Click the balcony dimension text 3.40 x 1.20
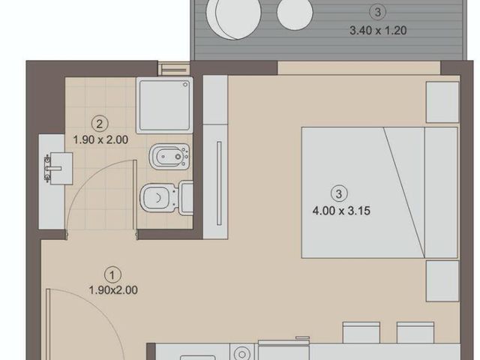pos(378,31)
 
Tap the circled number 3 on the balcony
pos(377,12)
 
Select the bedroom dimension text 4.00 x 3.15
pos(341,211)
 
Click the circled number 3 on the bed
pos(339,193)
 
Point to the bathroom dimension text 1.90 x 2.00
pos(100,140)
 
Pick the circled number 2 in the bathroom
pos(100,124)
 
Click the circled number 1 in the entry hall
pos(112,275)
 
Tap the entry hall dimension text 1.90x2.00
pos(113,290)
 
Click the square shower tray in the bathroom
pos(165,105)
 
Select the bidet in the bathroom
pos(169,157)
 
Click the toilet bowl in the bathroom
pos(158,198)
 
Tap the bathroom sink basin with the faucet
pos(59,168)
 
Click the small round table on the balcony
pos(295,12)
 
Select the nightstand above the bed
pos(442,102)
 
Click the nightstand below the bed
pos(442,281)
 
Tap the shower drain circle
pos(185,85)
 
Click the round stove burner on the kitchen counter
pos(242,352)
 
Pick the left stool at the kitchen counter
pos(361,332)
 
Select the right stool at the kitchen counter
pos(415,332)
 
